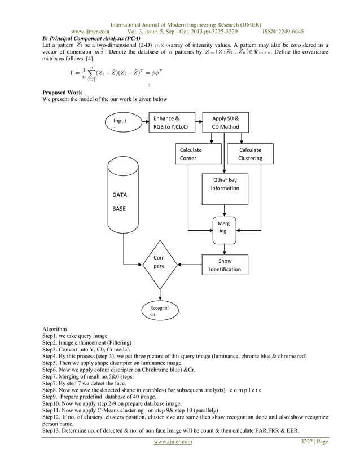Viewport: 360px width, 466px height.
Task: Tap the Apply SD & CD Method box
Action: [x=225, y=122]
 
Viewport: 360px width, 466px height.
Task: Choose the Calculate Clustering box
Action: [x=249, y=154]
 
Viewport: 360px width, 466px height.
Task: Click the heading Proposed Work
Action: [x=63, y=92]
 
